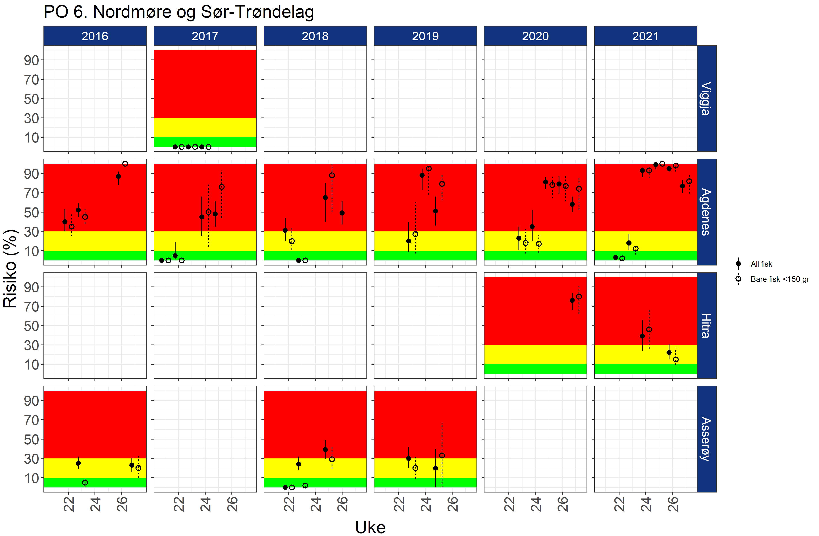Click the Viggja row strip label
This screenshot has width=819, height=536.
click(706, 99)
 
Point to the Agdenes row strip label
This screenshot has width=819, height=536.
click(706, 212)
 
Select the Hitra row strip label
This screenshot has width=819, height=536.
click(706, 326)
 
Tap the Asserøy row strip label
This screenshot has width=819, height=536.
click(706, 439)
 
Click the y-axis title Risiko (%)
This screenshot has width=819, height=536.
click(10, 269)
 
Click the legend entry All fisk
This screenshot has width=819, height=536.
click(761, 264)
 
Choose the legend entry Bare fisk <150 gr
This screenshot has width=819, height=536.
click(780, 279)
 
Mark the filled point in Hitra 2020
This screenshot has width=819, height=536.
click(572, 300)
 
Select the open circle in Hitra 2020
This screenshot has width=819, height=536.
click(579, 297)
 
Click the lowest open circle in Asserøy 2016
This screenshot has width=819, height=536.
click(85, 483)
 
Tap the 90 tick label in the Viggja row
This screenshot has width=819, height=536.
click(31, 60)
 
